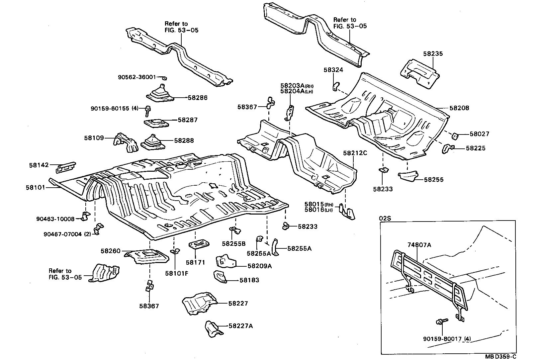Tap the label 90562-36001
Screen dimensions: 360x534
pos(137,77)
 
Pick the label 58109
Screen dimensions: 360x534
pos(94,138)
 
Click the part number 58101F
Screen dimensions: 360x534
pos(176,273)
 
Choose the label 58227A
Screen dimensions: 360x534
pos(240,326)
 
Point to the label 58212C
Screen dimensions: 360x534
pos(355,153)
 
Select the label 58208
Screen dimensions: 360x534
pos(459,108)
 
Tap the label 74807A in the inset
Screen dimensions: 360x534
pos(419,245)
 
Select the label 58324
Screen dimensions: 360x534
pos(333,70)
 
